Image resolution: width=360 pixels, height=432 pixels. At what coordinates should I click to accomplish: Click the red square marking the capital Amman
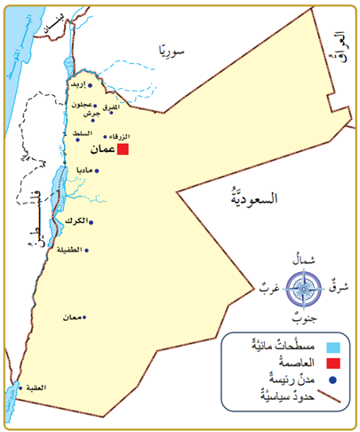click(124, 150)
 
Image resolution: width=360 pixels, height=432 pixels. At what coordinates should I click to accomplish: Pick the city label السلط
click(85, 132)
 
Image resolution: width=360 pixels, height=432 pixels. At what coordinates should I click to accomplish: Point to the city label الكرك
click(76, 220)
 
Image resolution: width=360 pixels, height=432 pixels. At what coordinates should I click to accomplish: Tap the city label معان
click(72, 317)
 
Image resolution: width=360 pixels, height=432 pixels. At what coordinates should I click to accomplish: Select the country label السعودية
click(251, 196)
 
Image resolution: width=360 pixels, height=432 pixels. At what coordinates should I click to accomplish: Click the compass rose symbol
click(304, 288)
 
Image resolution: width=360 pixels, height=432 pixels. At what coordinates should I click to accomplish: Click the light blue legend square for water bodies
click(332, 346)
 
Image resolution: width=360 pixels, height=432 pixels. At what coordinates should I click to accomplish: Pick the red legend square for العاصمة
click(332, 363)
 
